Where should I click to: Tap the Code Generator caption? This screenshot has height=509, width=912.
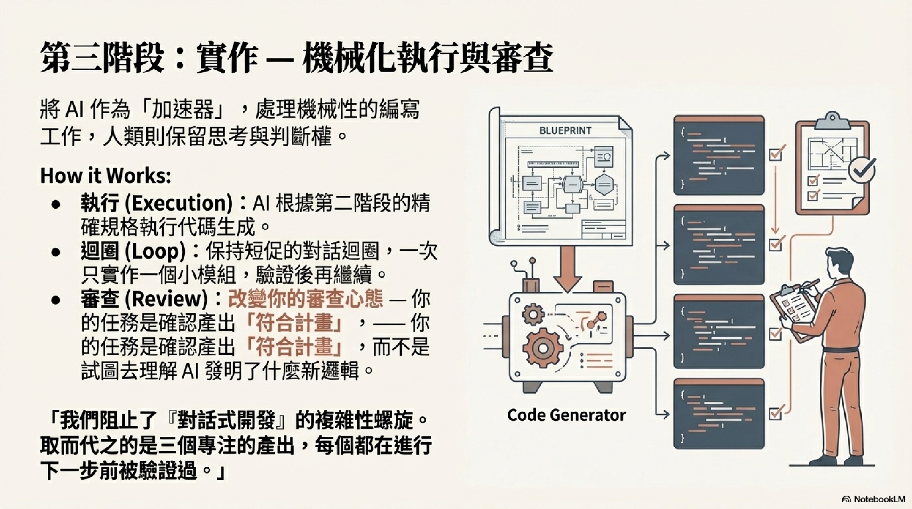click(567, 415)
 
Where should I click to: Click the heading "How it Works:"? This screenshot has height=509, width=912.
click(106, 175)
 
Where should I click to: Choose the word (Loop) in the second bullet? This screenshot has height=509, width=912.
click(155, 251)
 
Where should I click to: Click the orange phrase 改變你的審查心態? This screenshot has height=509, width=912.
click(305, 299)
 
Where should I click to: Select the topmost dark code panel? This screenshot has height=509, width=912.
click(719, 155)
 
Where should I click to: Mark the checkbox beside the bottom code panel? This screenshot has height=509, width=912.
click(775, 413)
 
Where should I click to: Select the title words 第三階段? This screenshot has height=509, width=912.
click(103, 58)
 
